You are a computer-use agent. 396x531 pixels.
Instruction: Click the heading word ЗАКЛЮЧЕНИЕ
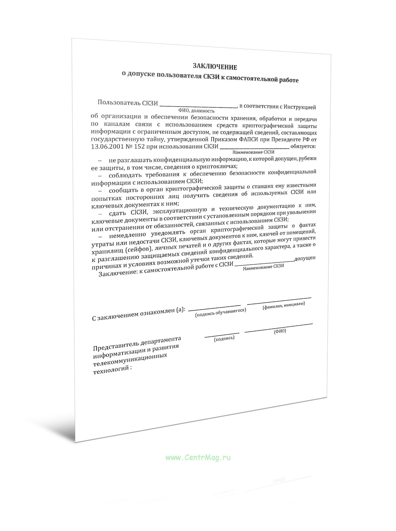pos(215,67)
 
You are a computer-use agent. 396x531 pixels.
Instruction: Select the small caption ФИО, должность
pos(196,111)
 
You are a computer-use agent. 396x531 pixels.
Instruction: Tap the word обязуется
pos(303,146)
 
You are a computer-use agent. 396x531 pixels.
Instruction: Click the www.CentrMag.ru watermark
pos(198,457)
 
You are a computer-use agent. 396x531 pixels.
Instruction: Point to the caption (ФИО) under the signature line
pos(280,331)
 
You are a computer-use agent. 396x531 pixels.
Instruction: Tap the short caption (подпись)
pos(224,338)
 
